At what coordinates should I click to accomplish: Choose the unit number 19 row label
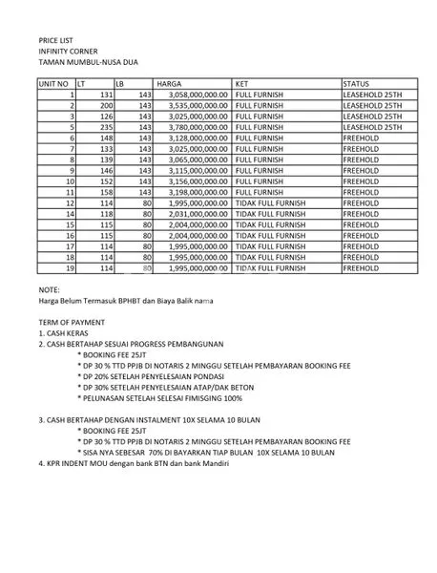click(x=70, y=269)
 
